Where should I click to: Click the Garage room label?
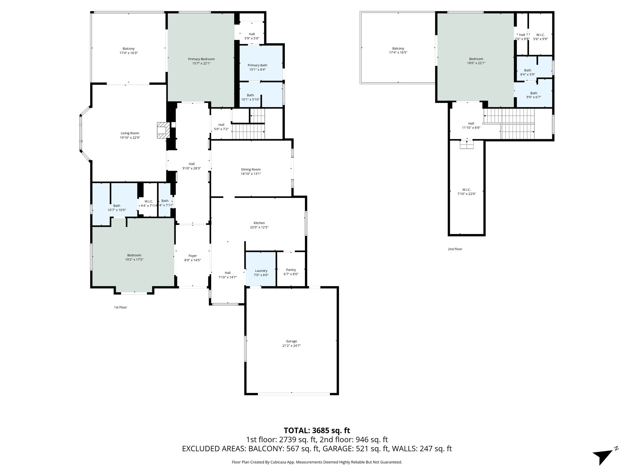click(x=291, y=341)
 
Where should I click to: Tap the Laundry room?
click(x=261, y=271)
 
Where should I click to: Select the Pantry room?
click(x=291, y=270)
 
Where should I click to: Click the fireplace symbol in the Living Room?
click(x=163, y=130)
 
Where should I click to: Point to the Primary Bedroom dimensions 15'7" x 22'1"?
click(x=201, y=63)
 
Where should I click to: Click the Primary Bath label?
click(x=257, y=65)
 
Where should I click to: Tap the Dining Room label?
click(x=251, y=169)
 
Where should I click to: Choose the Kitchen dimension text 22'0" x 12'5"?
click(x=259, y=227)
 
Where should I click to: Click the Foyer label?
click(x=193, y=256)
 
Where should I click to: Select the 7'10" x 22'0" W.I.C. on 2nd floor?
click(x=467, y=192)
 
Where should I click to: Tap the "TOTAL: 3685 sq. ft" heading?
click(x=317, y=430)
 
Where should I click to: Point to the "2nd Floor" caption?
click(x=455, y=249)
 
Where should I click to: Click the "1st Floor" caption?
click(x=120, y=307)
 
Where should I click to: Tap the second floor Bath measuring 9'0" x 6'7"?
click(x=533, y=95)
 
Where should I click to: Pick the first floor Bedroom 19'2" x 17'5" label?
click(x=134, y=257)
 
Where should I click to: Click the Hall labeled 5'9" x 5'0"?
click(x=252, y=36)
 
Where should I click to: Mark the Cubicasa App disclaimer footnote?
click(x=317, y=462)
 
